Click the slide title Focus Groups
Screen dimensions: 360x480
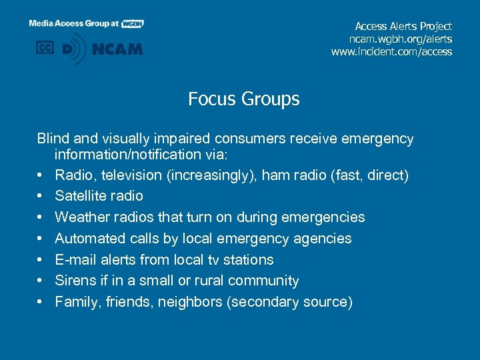(x=243, y=99)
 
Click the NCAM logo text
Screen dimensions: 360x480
(x=118, y=49)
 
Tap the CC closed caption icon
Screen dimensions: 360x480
(x=45, y=48)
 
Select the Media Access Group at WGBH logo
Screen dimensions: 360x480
(x=86, y=23)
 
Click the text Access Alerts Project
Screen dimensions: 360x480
(x=403, y=27)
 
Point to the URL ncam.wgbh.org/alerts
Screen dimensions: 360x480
(x=397, y=39)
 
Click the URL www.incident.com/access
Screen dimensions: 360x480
(x=391, y=52)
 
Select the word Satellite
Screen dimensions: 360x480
(x=79, y=196)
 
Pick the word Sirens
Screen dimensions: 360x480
(x=75, y=281)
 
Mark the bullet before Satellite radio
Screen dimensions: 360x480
(x=41, y=197)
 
